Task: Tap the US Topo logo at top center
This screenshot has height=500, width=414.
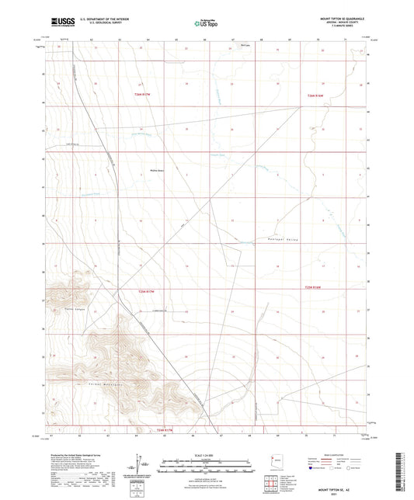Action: tap(207, 23)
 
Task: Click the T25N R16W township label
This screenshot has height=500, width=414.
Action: tap(314, 288)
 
